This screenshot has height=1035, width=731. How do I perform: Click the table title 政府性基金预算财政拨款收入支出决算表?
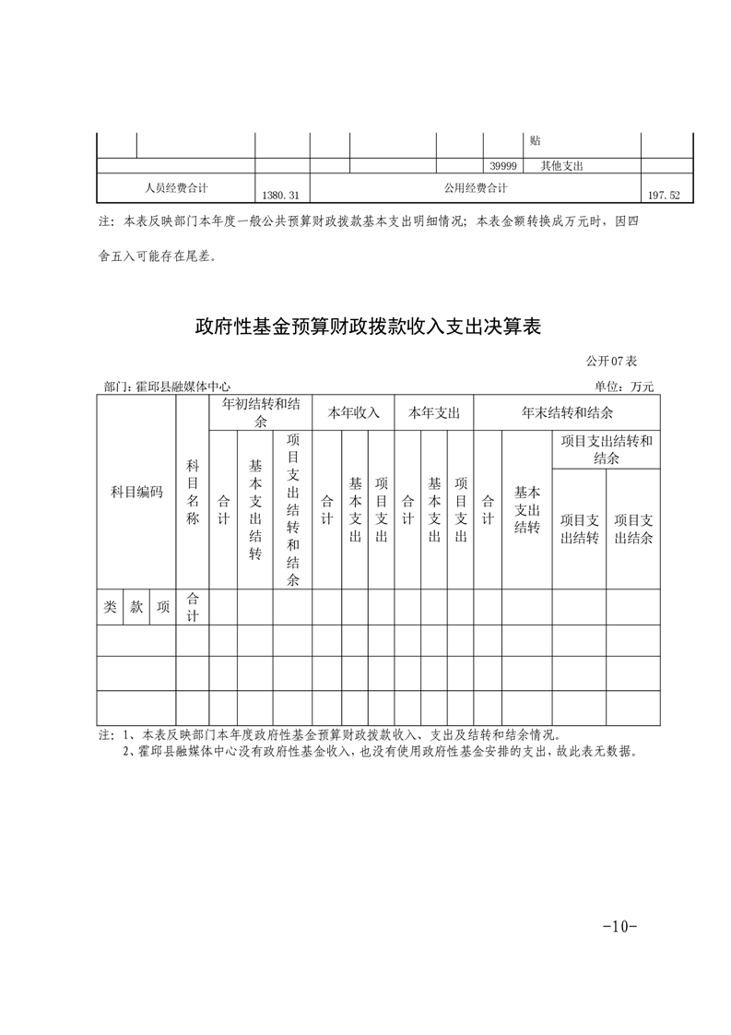click(x=367, y=327)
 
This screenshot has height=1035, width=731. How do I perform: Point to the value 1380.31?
click(x=281, y=196)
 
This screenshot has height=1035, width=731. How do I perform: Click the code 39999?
click(x=503, y=166)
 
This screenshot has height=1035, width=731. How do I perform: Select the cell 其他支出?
click(x=562, y=166)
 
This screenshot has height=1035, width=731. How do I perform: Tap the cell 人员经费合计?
click(x=176, y=187)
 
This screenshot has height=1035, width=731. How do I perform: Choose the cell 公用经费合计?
click(x=475, y=187)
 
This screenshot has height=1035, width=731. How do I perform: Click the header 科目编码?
click(x=136, y=492)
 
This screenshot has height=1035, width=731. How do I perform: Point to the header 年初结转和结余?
click(x=260, y=412)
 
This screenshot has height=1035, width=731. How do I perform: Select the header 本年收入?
click(x=353, y=412)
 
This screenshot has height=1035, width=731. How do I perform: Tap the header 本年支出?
click(x=434, y=412)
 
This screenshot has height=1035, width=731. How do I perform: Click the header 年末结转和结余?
click(x=567, y=412)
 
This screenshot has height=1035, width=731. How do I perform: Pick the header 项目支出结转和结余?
click(x=606, y=449)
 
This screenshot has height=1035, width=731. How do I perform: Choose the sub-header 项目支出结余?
click(x=633, y=529)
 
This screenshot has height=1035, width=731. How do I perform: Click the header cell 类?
click(x=110, y=607)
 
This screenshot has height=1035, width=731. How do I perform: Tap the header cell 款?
click(x=136, y=607)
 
